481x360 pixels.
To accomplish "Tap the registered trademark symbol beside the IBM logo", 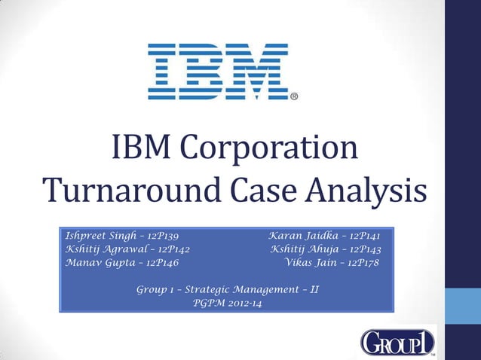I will pos(294,96).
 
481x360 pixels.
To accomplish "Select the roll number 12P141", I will pos(372,236).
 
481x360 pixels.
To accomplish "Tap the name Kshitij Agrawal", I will pos(103,249).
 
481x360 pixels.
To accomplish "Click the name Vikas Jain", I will pos(311,263).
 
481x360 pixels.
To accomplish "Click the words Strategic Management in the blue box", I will pos(240,289).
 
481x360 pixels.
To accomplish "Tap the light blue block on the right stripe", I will pos(463,309).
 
